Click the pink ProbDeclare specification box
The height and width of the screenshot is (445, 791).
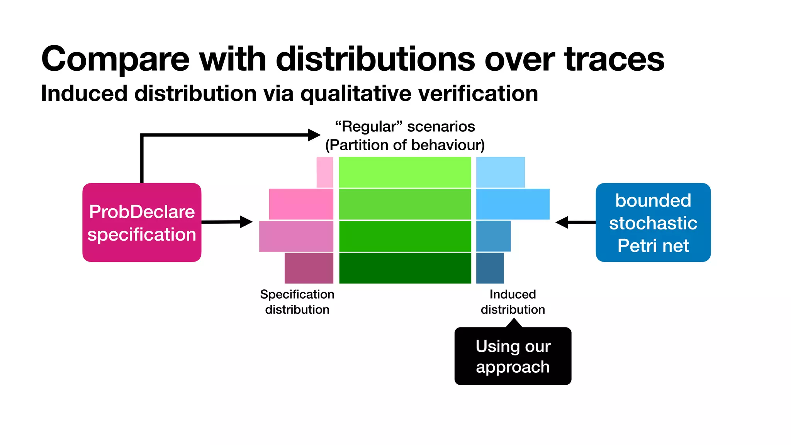142,222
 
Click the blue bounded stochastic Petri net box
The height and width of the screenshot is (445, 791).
653,222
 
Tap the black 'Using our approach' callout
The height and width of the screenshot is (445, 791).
513,356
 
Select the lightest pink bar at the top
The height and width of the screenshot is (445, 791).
325,172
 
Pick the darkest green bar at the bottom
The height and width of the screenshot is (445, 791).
405,268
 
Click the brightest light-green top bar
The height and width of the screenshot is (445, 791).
405,172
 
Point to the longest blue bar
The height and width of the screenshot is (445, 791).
513,204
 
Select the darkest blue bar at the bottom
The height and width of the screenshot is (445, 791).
490,268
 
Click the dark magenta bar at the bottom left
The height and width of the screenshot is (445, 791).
309,268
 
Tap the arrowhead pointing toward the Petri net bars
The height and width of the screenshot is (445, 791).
562,222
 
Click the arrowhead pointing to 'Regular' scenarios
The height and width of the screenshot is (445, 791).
314,135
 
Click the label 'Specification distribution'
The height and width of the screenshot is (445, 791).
297,302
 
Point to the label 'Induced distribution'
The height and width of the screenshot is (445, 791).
513,302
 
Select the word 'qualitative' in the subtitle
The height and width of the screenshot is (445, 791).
355,94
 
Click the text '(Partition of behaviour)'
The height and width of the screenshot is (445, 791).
405,145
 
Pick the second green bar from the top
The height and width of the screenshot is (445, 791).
405,204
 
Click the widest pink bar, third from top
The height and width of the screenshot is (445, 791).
296,236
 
